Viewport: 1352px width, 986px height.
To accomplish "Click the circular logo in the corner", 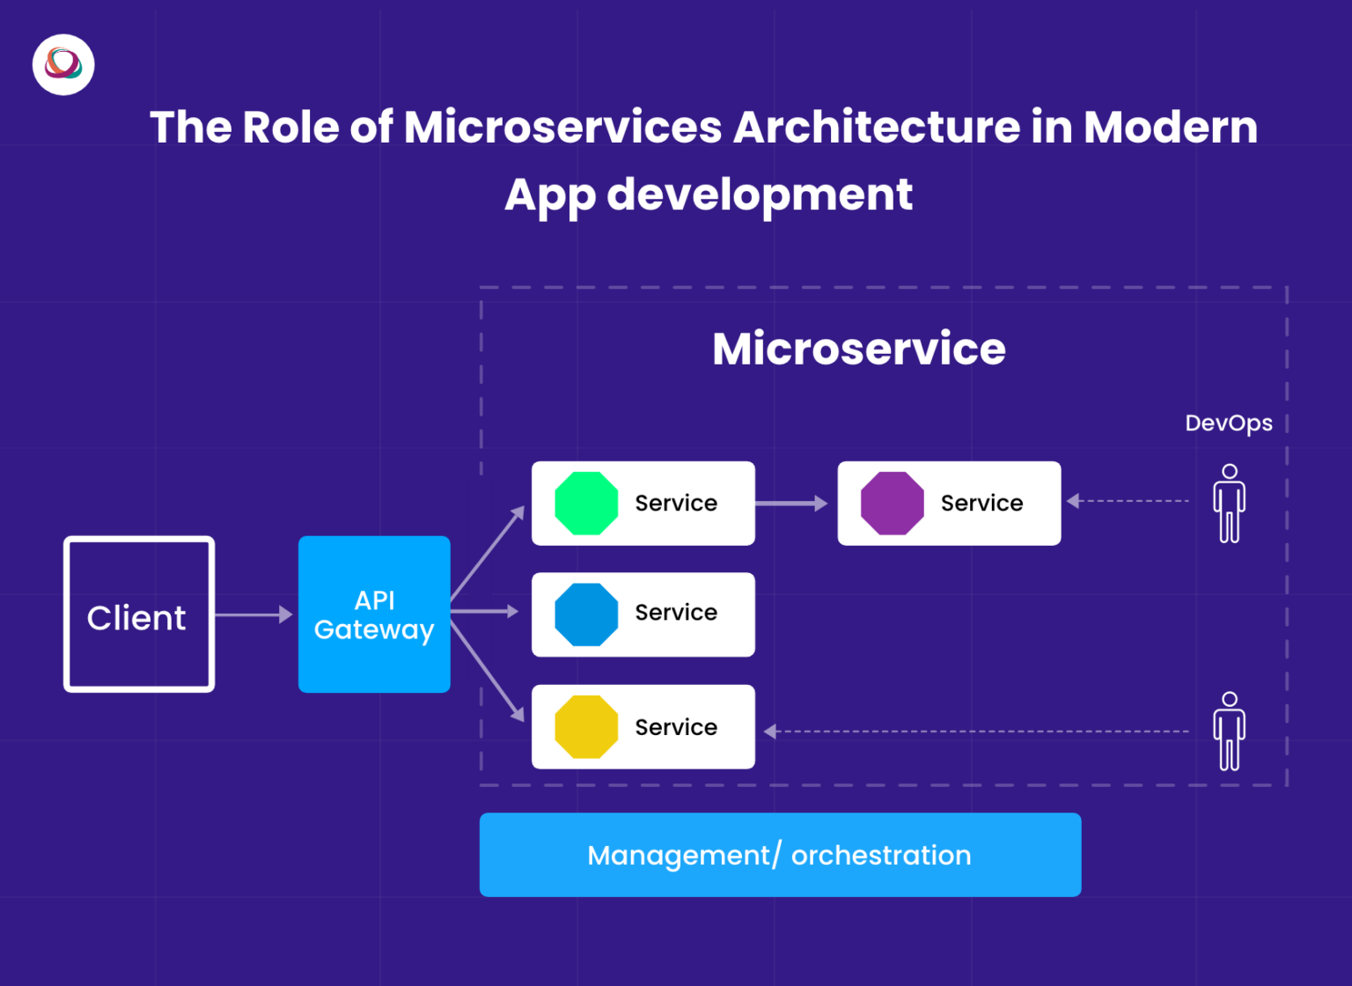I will coord(63,64).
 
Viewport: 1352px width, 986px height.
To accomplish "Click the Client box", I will coord(138,614).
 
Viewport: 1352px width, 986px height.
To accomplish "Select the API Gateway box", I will coord(374,614).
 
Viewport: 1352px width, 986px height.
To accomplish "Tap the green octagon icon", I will coord(586,504).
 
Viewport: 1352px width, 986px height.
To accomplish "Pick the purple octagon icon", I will coord(892,504).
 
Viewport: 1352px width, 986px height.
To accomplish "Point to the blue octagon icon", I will coord(586,614).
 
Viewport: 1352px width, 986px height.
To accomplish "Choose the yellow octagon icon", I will coord(586,727).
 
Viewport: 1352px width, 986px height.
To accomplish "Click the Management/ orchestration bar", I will coord(780,855).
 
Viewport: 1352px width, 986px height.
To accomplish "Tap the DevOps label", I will coord(1228,423).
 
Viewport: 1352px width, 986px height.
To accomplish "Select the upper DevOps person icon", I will coord(1229,504).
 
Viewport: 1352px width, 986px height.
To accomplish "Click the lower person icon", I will coord(1229,731).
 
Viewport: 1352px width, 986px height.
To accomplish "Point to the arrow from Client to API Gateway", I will coord(253,614).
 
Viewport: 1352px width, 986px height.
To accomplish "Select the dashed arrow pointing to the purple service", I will coord(1127,501).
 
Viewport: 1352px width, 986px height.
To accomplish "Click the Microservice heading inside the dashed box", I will coord(858,349).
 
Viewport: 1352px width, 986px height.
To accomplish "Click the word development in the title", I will coord(760,195).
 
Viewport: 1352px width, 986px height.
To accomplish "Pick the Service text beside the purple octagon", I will coord(981,504).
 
